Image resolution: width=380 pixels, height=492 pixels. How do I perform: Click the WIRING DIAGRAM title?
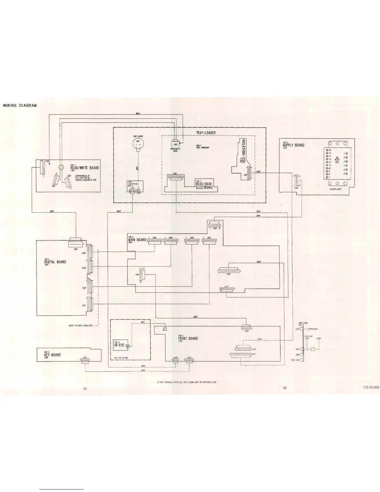pyautogui.click(x=20, y=105)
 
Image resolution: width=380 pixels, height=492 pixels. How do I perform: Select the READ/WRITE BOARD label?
pyautogui.click(x=84, y=168)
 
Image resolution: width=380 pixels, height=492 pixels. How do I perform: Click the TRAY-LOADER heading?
pyautogui.click(x=206, y=133)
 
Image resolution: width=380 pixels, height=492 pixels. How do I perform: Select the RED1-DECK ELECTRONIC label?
pyautogui.click(x=204, y=185)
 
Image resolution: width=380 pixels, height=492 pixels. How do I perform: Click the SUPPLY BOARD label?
pyautogui.click(x=293, y=145)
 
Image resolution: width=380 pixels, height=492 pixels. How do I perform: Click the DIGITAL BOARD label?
pyautogui.click(x=55, y=262)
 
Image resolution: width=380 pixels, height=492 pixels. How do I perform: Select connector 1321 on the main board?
pyautogui.click(x=209, y=241)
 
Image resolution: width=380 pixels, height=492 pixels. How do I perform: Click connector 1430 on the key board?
pyautogui.click(x=85, y=360)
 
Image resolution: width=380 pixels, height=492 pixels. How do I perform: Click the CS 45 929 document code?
pyautogui.click(x=372, y=387)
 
